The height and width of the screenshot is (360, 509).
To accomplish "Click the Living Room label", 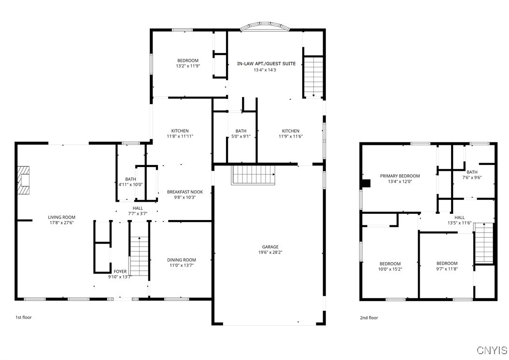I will coord(61,217).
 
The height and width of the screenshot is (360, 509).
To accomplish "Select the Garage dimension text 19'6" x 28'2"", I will coord(270,252).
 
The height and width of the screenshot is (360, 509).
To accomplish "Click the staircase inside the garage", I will coord(254,174).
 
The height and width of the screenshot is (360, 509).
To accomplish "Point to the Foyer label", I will coord(120,271).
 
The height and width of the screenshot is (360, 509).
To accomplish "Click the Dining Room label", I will coord(182,260).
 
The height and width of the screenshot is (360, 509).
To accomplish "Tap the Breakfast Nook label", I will coord(185,192).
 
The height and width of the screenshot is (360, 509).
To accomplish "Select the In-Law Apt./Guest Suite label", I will coord(266,63).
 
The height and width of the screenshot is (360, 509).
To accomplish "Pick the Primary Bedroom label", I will coord(400,176).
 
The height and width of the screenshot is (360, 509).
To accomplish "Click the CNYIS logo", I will coord(492,350).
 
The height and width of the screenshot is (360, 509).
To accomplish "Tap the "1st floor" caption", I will coord(24,318).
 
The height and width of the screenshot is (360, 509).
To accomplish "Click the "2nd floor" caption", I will coord(369,318).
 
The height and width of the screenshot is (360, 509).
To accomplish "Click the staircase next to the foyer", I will coord(139,256).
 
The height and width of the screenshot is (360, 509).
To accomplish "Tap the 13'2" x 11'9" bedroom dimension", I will coord(188,66).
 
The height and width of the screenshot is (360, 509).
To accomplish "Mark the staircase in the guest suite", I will coord(313,76).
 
